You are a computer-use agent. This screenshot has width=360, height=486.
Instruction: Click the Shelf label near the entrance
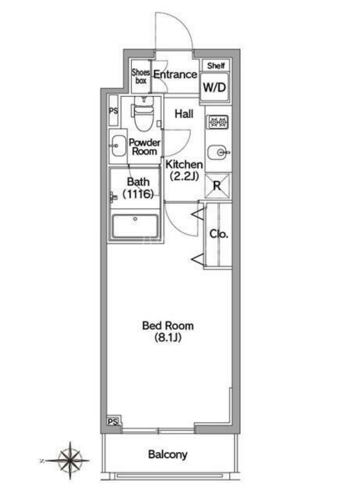click(x=216, y=66)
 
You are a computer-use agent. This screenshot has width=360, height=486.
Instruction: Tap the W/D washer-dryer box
click(x=215, y=87)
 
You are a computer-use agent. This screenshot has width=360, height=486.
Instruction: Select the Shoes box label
click(x=141, y=77)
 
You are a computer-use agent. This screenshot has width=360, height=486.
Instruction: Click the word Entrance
click(x=175, y=75)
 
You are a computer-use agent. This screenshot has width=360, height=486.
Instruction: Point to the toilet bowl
click(x=144, y=115)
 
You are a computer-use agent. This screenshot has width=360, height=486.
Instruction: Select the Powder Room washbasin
click(x=119, y=146)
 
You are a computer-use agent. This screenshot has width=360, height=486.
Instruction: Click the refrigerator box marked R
click(x=217, y=186)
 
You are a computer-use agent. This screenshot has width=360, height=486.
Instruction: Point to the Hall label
click(x=184, y=114)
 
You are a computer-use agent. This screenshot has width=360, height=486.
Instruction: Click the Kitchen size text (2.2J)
click(x=184, y=176)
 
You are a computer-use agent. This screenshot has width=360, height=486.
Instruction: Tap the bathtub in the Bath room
click(x=135, y=226)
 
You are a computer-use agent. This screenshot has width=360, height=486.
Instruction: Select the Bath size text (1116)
click(x=138, y=194)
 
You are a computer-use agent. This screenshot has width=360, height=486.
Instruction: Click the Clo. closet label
click(x=219, y=234)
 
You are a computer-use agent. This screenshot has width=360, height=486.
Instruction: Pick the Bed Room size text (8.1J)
click(x=168, y=338)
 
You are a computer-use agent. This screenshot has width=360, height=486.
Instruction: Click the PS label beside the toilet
click(x=113, y=110)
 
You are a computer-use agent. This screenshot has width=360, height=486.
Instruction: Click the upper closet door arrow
click(x=198, y=214)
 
